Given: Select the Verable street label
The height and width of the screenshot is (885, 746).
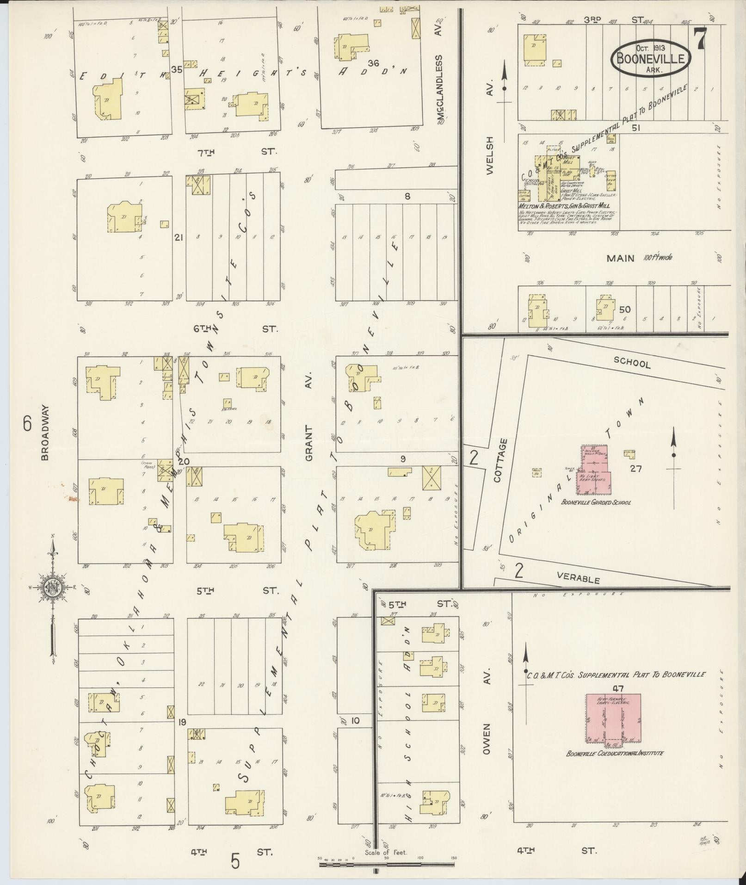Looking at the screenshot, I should pos(578,578).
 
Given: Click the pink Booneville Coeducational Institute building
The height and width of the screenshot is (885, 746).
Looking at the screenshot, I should pos(613,720).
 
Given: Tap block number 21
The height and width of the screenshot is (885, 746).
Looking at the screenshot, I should pos(179,237).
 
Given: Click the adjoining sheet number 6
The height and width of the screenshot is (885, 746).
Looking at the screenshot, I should pos(27,423).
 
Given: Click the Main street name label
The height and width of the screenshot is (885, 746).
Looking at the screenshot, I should pos(621,258).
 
